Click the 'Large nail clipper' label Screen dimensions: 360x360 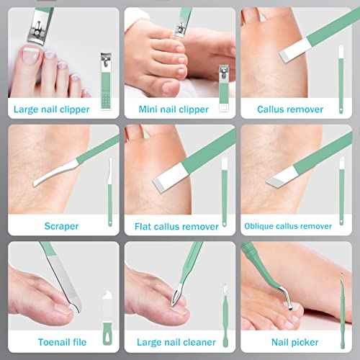(x=60, y=110)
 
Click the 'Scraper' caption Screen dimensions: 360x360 (x=60, y=226)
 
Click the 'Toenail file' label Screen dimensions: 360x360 (x=60, y=342)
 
